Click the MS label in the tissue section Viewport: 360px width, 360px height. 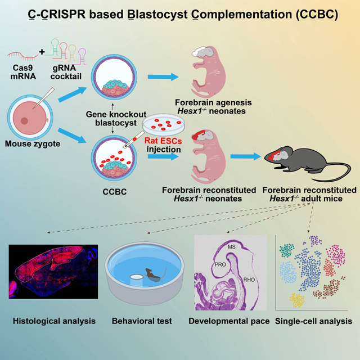coord(232,247)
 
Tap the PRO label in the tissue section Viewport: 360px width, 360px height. coord(220,264)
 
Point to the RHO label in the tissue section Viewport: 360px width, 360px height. coord(249,280)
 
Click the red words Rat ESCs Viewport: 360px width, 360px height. coord(163,141)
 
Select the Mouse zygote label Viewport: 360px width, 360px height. coord(33,144)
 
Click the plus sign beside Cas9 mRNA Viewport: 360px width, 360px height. coord(42,52)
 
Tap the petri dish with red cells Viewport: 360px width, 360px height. coord(164,124)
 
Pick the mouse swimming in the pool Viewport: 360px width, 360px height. coord(154,274)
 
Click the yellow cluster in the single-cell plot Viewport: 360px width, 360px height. coord(297,300)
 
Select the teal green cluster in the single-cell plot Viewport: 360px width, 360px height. coord(287,250)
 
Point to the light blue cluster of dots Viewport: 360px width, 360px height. coord(288,272)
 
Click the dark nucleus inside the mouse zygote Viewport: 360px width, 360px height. coord(24,121)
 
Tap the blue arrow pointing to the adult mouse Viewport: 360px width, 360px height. coord(246,156)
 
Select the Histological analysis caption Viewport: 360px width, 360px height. coord(54,321)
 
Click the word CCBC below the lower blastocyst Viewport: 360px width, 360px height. coord(115,192)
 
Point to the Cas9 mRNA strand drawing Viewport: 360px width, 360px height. coord(22,56)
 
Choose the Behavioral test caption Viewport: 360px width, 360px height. coord(142,321)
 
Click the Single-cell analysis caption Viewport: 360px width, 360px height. coord(313,321)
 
